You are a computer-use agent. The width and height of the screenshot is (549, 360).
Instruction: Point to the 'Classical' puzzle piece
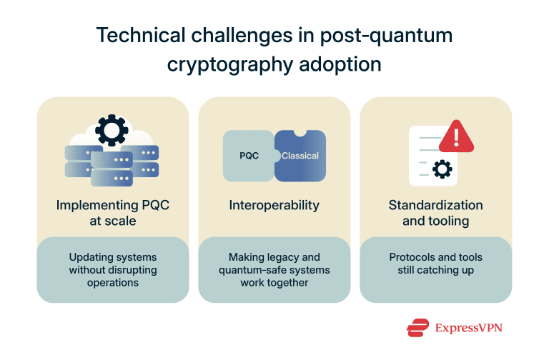(x=300, y=155)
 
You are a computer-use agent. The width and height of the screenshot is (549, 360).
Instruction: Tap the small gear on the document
(x=442, y=169)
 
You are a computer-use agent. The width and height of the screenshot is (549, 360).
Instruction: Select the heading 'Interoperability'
(x=274, y=205)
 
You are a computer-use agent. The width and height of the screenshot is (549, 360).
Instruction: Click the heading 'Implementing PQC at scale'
(x=112, y=213)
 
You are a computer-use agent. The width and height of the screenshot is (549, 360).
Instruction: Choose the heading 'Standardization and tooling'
(x=435, y=213)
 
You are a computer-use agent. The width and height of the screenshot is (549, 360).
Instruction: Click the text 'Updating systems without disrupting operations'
(x=112, y=270)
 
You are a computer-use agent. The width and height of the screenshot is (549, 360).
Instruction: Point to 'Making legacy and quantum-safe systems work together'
(x=274, y=270)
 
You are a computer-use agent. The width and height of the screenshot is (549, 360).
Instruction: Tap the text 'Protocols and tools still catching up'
(x=435, y=264)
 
